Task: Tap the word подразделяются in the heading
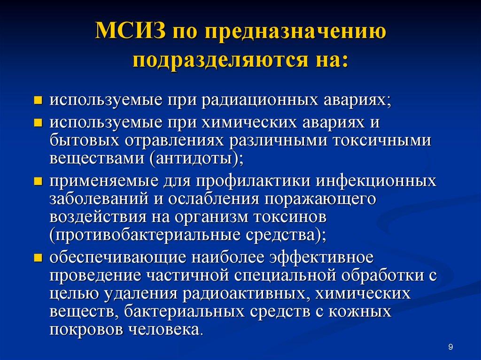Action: (x=222, y=61)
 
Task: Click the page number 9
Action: (x=451, y=347)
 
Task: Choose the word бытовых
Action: (x=83, y=140)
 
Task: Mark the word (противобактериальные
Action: (x=145, y=235)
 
